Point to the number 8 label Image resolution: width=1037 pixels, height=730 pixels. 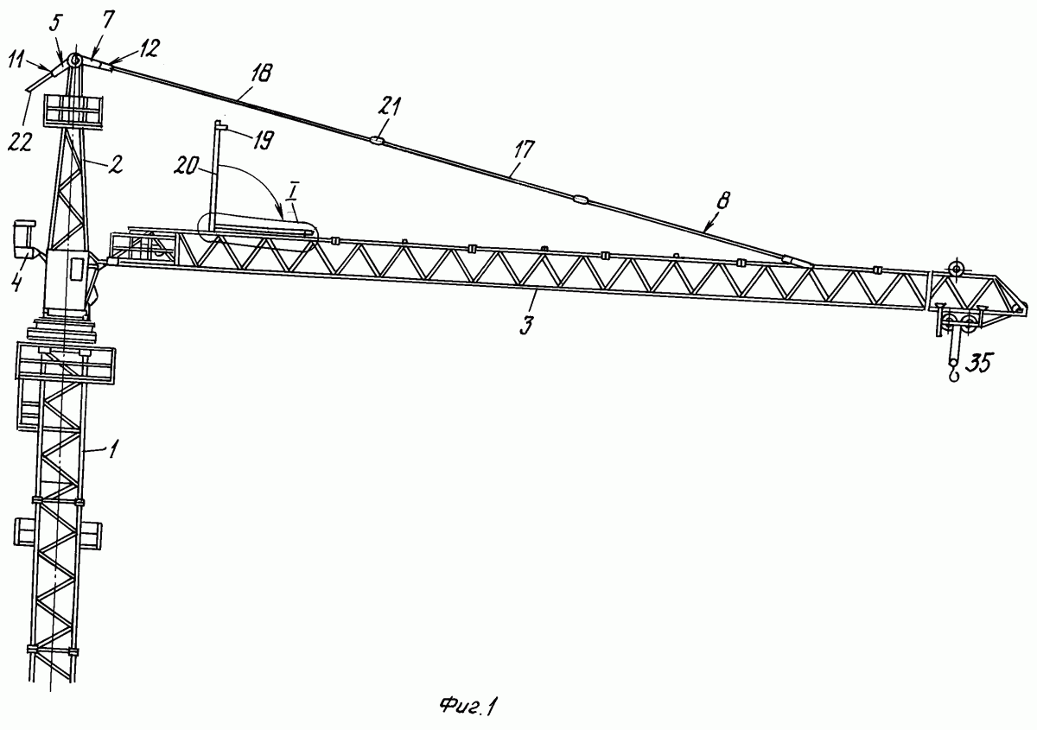(x=724, y=200)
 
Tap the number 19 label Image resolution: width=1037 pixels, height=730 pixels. (x=263, y=139)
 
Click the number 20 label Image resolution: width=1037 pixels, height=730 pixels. (x=186, y=165)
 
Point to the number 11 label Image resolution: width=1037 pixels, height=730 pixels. (x=16, y=61)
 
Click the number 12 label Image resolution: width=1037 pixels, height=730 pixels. (x=149, y=49)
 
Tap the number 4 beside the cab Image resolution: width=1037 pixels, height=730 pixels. (x=17, y=282)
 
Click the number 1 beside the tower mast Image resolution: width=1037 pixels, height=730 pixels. (x=114, y=448)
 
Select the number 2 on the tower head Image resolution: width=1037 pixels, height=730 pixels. (x=117, y=164)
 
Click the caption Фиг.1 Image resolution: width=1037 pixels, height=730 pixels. (x=468, y=707)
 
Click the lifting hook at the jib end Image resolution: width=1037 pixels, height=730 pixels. (x=954, y=374)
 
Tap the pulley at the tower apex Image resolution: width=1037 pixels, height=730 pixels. (x=74, y=60)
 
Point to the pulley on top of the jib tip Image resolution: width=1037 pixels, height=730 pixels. (x=956, y=269)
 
